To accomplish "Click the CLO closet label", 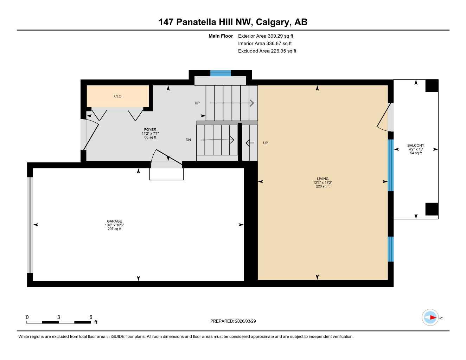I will [x=118, y=96].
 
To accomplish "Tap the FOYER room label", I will [x=150, y=130].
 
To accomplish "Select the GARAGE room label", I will [x=115, y=221].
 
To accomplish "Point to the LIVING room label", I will [x=323, y=179].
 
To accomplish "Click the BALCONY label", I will [x=416, y=146].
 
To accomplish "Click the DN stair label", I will [x=188, y=140].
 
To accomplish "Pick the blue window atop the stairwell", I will [x=221, y=73].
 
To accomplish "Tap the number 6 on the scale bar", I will [x=91, y=317].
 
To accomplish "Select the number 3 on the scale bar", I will [x=58, y=317].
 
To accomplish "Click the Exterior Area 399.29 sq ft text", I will [x=266, y=36].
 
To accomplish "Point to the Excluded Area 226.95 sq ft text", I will [x=267, y=51].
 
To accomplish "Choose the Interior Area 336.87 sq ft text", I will [x=265, y=44].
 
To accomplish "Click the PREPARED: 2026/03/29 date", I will [x=233, y=321].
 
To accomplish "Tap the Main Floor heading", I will [x=221, y=36].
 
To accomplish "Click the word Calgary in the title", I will [x=273, y=22].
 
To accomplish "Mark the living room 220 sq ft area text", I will [x=323, y=186].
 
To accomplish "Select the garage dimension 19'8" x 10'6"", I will [x=115, y=225].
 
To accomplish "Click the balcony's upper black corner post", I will [x=432, y=85].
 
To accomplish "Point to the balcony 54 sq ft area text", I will [x=416, y=153].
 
